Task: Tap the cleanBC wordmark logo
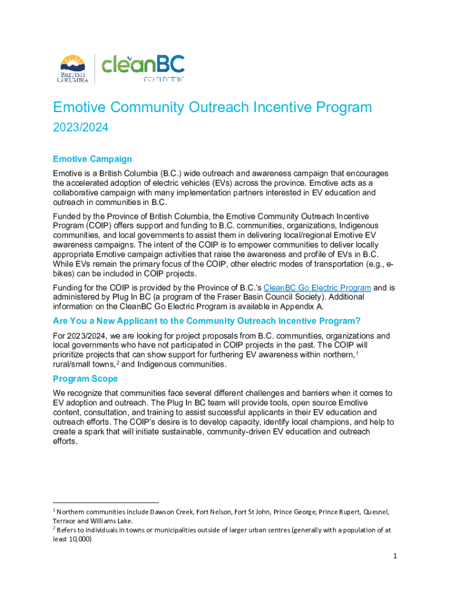click(143, 64)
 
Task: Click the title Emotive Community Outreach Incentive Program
click(212, 107)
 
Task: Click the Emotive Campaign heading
click(92, 159)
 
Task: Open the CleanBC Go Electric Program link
click(317, 287)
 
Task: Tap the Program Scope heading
click(85, 379)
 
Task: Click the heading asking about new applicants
click(206, 321)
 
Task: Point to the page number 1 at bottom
click(395, 556)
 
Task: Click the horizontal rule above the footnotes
click(106, 502)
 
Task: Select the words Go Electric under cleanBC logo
click(164, 79)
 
